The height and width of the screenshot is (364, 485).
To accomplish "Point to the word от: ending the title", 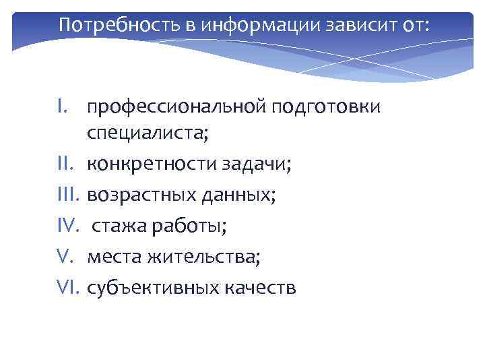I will tap(410, 25).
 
